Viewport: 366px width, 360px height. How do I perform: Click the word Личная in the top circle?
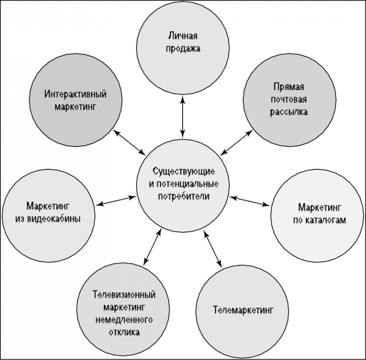pos(184,35)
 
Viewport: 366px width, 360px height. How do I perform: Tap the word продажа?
pos(184,48)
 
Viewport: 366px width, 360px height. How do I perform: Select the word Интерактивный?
pos(76,94)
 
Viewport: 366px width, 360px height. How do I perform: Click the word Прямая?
pos(289,86)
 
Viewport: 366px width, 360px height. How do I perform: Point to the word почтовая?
pos(289,99)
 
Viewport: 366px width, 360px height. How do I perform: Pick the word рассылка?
pos(289,112)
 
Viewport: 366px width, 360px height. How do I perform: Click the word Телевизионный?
pos(124,295)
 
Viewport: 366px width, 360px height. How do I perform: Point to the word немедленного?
pos(124,320)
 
